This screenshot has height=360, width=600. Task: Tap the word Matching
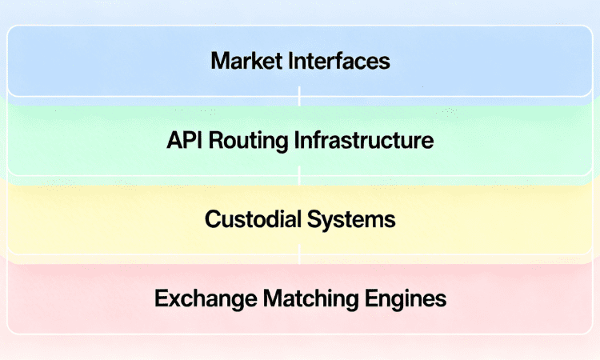(301, 300)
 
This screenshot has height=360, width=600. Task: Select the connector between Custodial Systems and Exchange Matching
(300, 254)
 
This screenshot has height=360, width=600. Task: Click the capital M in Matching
(265, 299)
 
